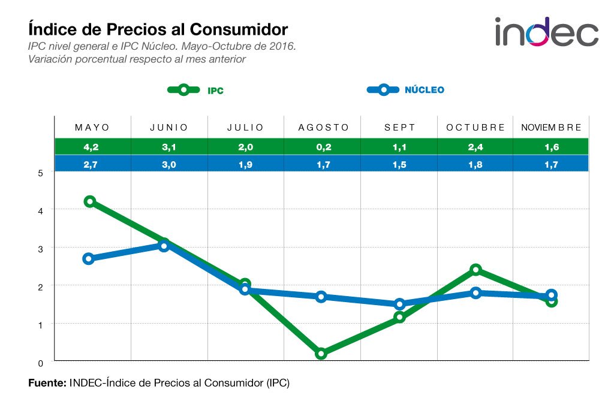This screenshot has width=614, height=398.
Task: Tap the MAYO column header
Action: tap(92, 128)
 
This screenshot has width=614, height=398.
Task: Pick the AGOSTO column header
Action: tap(323, 128)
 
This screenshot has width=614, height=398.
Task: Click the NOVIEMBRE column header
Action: tap(551, 128)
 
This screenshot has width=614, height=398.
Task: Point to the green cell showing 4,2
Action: tap(92, 146)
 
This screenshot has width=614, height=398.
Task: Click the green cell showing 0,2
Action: tap(323, 146)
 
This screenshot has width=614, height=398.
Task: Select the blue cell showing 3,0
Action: tap(169, 164)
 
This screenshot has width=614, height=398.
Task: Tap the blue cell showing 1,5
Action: tap(399, 164)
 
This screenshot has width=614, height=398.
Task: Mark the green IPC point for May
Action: tap(90, 201)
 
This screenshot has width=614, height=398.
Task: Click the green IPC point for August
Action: tap(321, 354)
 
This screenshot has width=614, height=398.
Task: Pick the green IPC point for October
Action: tap(475, 270)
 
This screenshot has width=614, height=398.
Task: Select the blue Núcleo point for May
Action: tap(89, 259)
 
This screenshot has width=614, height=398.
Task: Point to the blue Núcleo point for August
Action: tap(321, 297)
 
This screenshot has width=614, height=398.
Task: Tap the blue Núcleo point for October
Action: tap(475, 293)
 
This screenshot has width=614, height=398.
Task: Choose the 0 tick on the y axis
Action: tap(40, 363)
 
